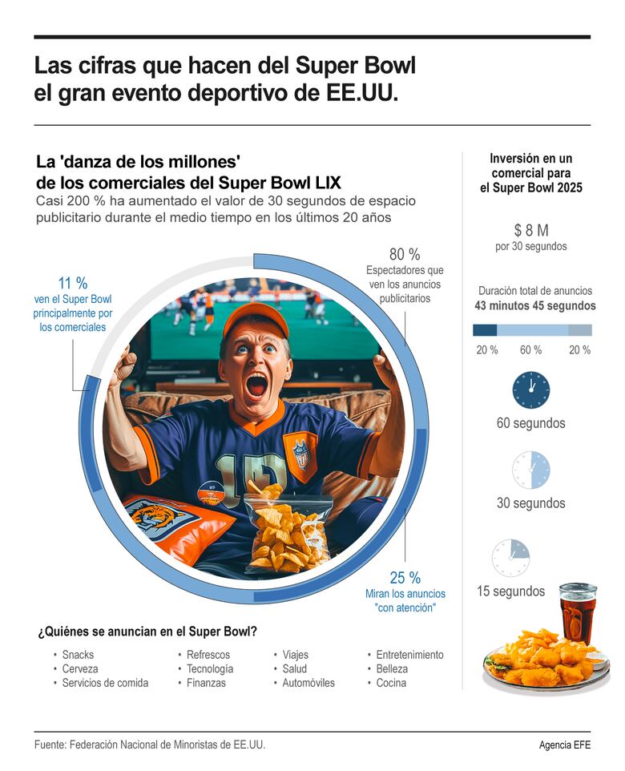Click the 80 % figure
tap(405, 254)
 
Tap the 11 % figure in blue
tap(73, 283)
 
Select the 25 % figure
tap(405, 578)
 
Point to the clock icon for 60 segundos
tap(530, 390)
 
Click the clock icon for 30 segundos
tap(530, 470)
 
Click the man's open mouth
tap(256, 385)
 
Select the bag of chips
tap(287, 529)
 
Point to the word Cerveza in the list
tap(80, 669)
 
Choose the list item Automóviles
tap(308, 684)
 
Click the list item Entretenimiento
tap(409, 655)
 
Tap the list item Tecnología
tap(210, 669)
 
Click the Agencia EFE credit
tap(564, 745)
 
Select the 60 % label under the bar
tap(530, 350)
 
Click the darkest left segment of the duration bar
tap(485, 329)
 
